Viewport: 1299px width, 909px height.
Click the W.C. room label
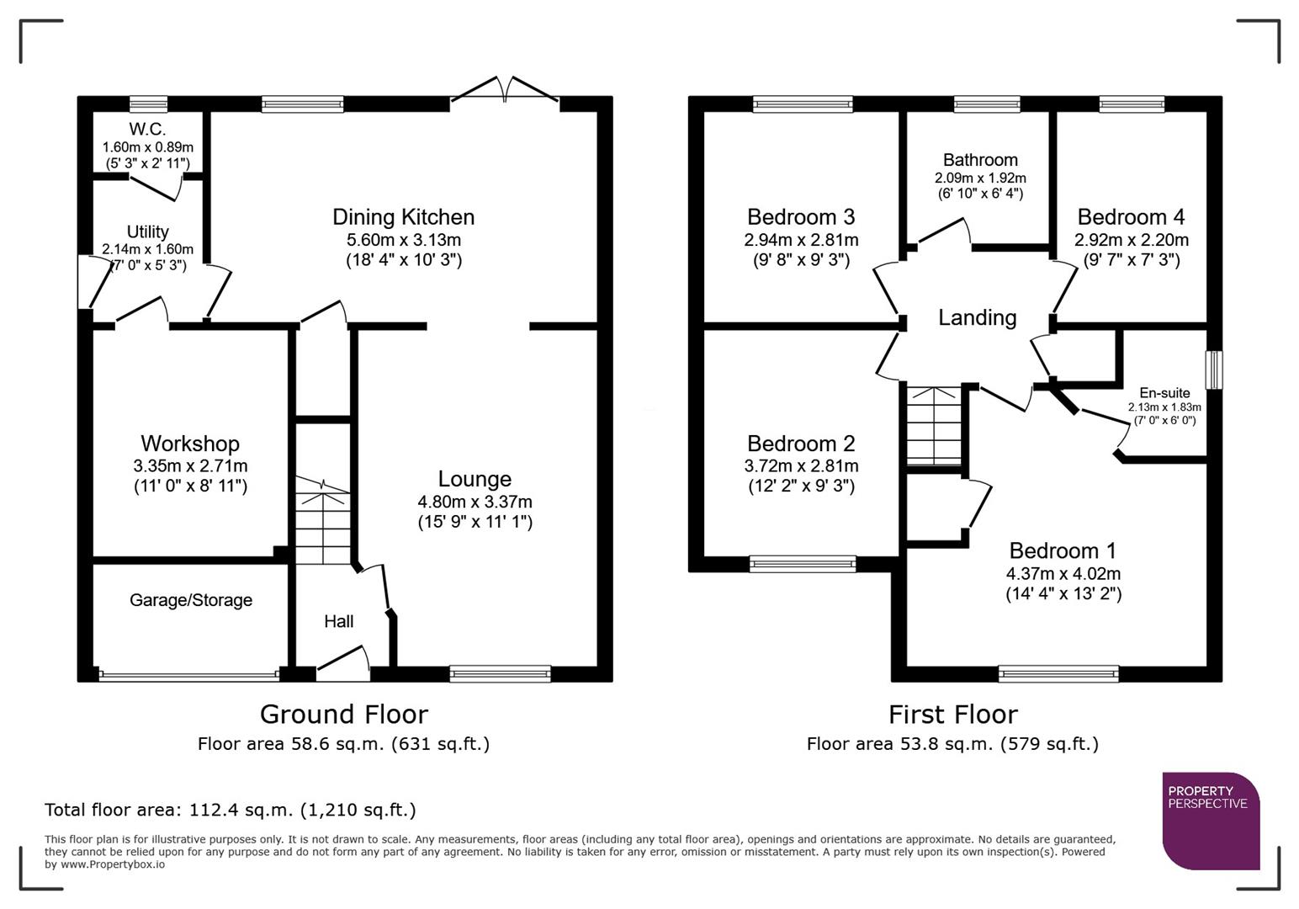147,130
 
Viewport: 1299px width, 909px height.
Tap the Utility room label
147,231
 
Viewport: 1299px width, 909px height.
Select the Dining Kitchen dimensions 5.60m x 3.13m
404,239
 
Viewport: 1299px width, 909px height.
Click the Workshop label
190,444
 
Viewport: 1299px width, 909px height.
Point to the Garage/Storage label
191,600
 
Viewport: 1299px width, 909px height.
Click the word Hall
339,621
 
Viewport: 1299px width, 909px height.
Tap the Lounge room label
475,479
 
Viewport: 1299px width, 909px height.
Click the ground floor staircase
322,522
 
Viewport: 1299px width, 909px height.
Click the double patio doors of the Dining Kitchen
505,91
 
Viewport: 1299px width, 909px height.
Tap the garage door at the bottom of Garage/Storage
189,674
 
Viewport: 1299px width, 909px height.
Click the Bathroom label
980,160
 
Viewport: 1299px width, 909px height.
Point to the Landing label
978,317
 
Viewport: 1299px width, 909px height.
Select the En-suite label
1164,393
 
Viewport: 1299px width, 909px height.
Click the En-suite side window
1213,370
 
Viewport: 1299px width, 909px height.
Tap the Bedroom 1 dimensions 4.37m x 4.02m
1063,574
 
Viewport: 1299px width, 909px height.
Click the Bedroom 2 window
803,564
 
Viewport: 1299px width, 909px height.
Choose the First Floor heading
953,715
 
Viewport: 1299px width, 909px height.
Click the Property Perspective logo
1211,821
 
